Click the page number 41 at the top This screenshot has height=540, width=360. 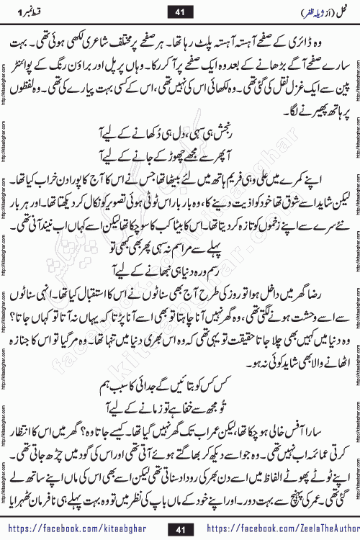click(x=179, y=12)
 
